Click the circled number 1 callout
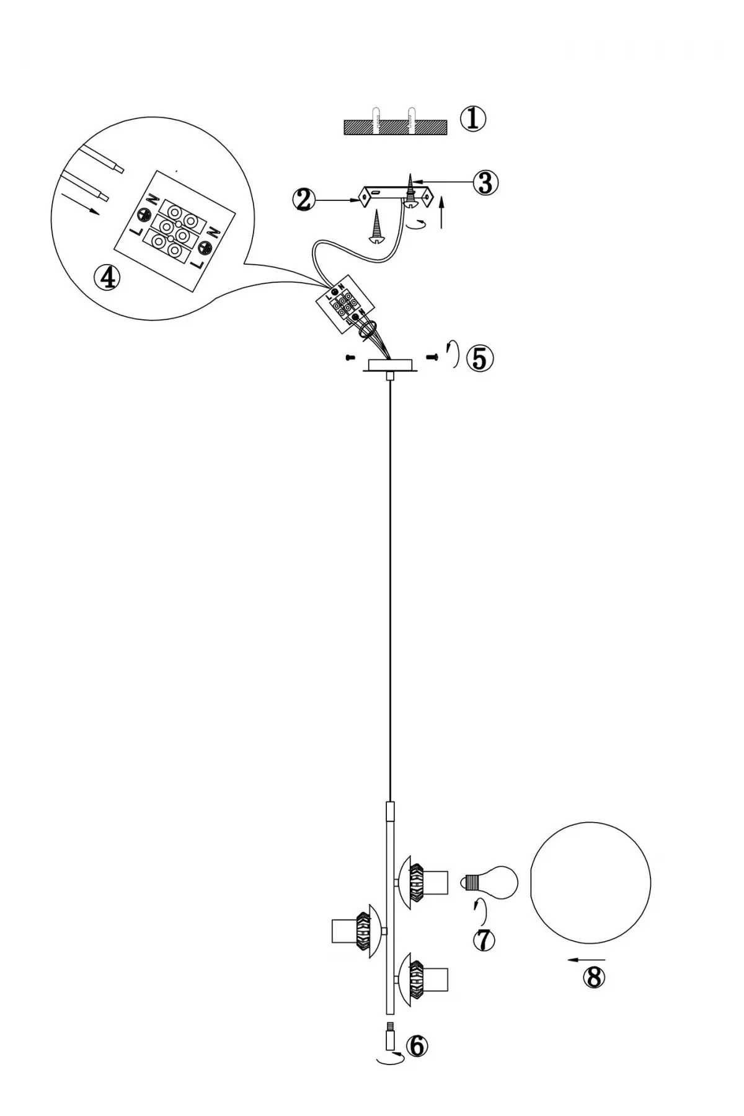click(x=473, y=118)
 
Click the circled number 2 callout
click(x=303, y=200)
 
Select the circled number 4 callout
click(x=107, y=278)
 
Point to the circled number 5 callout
click(x=480, y=358)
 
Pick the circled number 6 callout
click(x=416, y=1046)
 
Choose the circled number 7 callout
click(x=484, y=940)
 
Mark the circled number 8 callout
click(x=593, y=977)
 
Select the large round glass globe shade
click(x=591, y=883)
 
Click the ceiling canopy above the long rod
click(x=389, y=365)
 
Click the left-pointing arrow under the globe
click(x=585, y=960)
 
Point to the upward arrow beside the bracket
click(x=441, y=213)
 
